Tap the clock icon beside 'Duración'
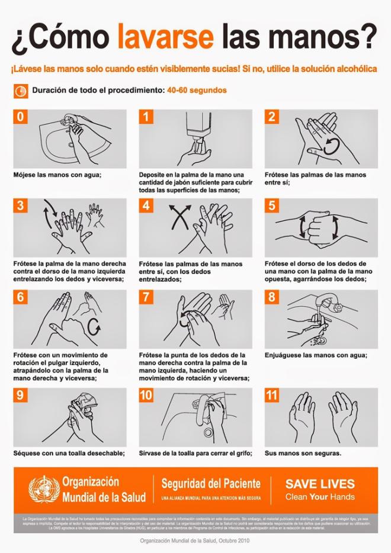20,91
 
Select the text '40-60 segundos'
197,91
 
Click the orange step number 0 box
21,117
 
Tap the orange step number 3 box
21,205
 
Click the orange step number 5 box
272,205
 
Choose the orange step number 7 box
146,297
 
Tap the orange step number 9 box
21,395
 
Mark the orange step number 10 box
146,395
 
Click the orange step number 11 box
272,395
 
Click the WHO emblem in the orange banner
44,488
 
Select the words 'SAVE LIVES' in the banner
319,484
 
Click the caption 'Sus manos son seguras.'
303,454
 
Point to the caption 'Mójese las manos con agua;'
57,175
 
